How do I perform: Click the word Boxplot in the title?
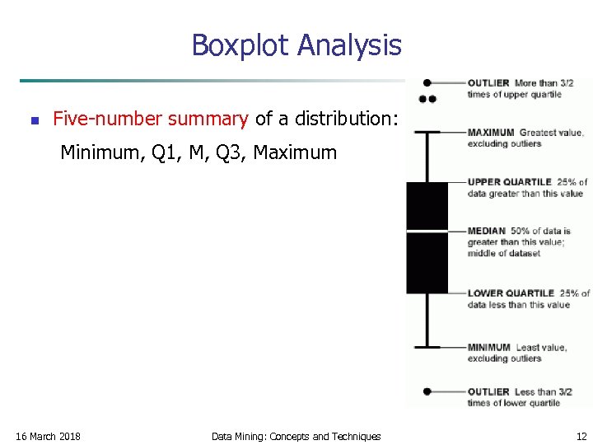click(x=240, y=44)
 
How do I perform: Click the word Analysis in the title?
click(x=349, y=44)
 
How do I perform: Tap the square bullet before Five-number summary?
click(x=34, y=120)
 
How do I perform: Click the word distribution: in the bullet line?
click(x=352, y=119)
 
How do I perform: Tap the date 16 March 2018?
click(x=49, y=436)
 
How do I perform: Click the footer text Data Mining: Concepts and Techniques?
click(x=296, y=436)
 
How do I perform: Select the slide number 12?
click(x=581, y=436)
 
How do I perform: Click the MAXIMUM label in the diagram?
click(x=491, y=133)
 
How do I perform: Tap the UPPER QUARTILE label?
click(x=510, y=182)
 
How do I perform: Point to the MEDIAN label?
click(x=486, y=232)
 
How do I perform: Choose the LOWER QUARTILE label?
click(x=511, y=293)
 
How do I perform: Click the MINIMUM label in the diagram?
click(x=489, y=348)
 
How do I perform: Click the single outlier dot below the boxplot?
click(x=427, y=391)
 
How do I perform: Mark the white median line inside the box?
click(x=427, y=231)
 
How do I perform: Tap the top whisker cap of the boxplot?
click(x=427, y=132)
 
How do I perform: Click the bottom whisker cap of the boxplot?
click(x=427, y=346)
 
